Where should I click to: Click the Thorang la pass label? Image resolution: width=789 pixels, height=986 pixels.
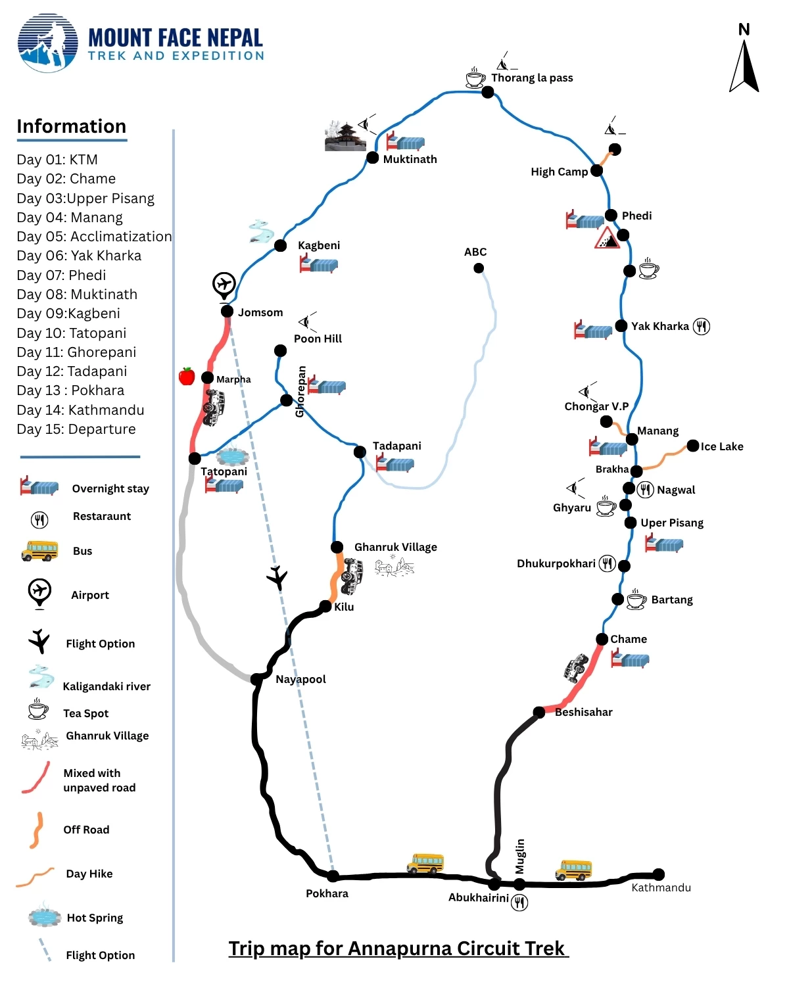tap(531, 78)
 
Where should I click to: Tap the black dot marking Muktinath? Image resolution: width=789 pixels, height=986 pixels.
tap(372, 158)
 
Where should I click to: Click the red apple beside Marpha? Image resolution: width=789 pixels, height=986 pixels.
tap(187, 376)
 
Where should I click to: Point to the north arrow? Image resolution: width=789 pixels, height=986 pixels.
tap(744, 66)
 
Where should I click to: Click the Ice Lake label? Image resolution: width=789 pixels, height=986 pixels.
tap(721, 446)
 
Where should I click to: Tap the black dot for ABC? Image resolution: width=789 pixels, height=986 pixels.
tap(478, 268)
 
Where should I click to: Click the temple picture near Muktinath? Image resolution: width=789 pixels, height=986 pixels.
tap(345, 136)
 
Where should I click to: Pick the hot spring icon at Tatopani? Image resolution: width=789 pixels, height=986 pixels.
tap(233, 456)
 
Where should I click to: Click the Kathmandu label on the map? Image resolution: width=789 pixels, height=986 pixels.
tap(661, 887)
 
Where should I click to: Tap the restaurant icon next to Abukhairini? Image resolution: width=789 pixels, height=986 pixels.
tap(519, 902)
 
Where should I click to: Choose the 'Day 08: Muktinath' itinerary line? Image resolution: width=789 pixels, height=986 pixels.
tap(77, 294)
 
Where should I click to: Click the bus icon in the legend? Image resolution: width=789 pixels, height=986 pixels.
tap(40, 551)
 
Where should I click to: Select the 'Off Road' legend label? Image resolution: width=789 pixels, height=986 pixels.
tap(86, 830)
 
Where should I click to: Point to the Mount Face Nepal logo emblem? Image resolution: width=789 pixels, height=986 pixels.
tap(48, 43)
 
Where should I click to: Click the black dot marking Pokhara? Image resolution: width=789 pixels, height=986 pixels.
tap(333, 876)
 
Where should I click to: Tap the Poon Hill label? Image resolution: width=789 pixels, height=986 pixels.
tap(318, 339)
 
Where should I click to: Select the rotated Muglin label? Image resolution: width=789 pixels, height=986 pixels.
tap(519, 856)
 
